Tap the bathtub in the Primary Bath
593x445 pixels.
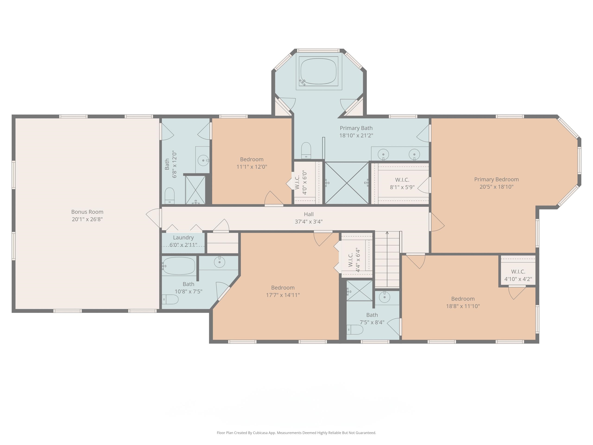coord(318,72)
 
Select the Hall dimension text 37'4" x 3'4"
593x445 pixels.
coord(309,222)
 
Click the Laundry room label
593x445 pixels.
coord(183,237)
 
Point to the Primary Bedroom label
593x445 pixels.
coord(496,179)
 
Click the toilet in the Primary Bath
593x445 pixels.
coord(306,150)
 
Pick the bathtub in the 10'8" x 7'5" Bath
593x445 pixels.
coord(179,266)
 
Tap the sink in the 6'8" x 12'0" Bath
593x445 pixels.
coord(203,160)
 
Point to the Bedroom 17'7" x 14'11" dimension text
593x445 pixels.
coord(283,295)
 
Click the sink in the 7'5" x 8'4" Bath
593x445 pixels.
coord(385,297)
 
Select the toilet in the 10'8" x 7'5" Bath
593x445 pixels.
coord(170,299)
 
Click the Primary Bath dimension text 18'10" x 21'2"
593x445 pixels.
coord(356,135)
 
